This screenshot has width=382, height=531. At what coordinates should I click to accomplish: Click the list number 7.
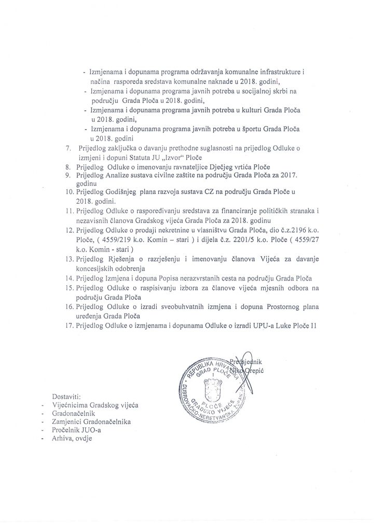pyautogui.click(x=68, y=148)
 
